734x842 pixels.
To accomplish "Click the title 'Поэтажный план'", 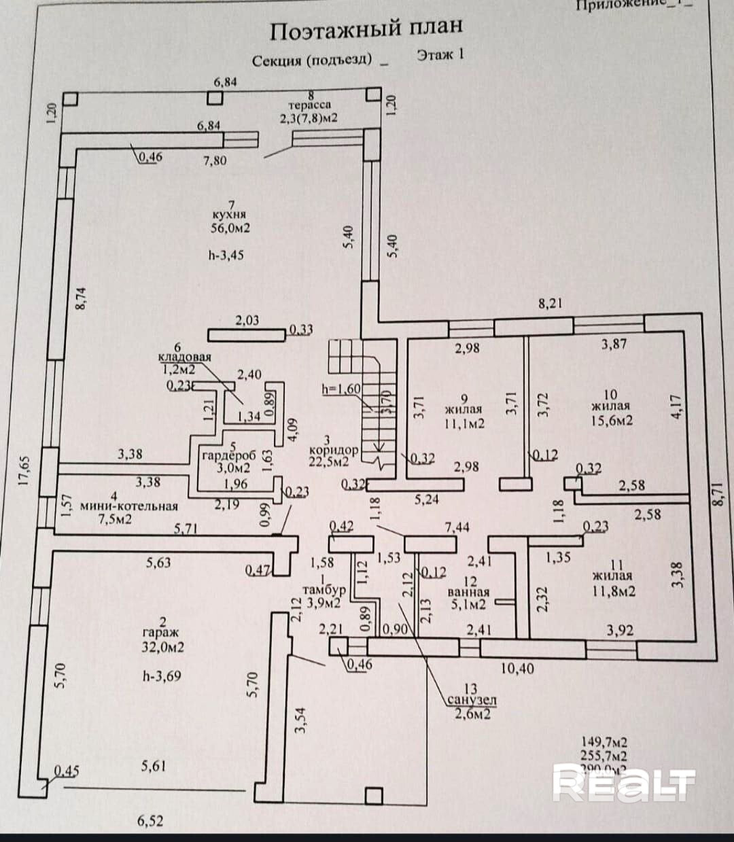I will [366, 29].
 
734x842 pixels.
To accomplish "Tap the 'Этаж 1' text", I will [440, 55].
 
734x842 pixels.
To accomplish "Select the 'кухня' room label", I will [229, 215].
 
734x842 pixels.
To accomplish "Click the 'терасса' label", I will [309, 105].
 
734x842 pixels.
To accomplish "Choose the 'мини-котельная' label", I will [129, 506].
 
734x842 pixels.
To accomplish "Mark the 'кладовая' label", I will [185, 357].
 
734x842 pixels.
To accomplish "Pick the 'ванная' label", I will [468, 592].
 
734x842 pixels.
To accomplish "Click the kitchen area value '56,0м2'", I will [230, 228].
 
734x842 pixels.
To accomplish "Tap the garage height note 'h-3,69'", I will [162, 676].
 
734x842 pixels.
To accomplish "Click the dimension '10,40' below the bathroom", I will [517, 669].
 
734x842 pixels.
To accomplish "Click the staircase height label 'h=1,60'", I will [341, 389].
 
